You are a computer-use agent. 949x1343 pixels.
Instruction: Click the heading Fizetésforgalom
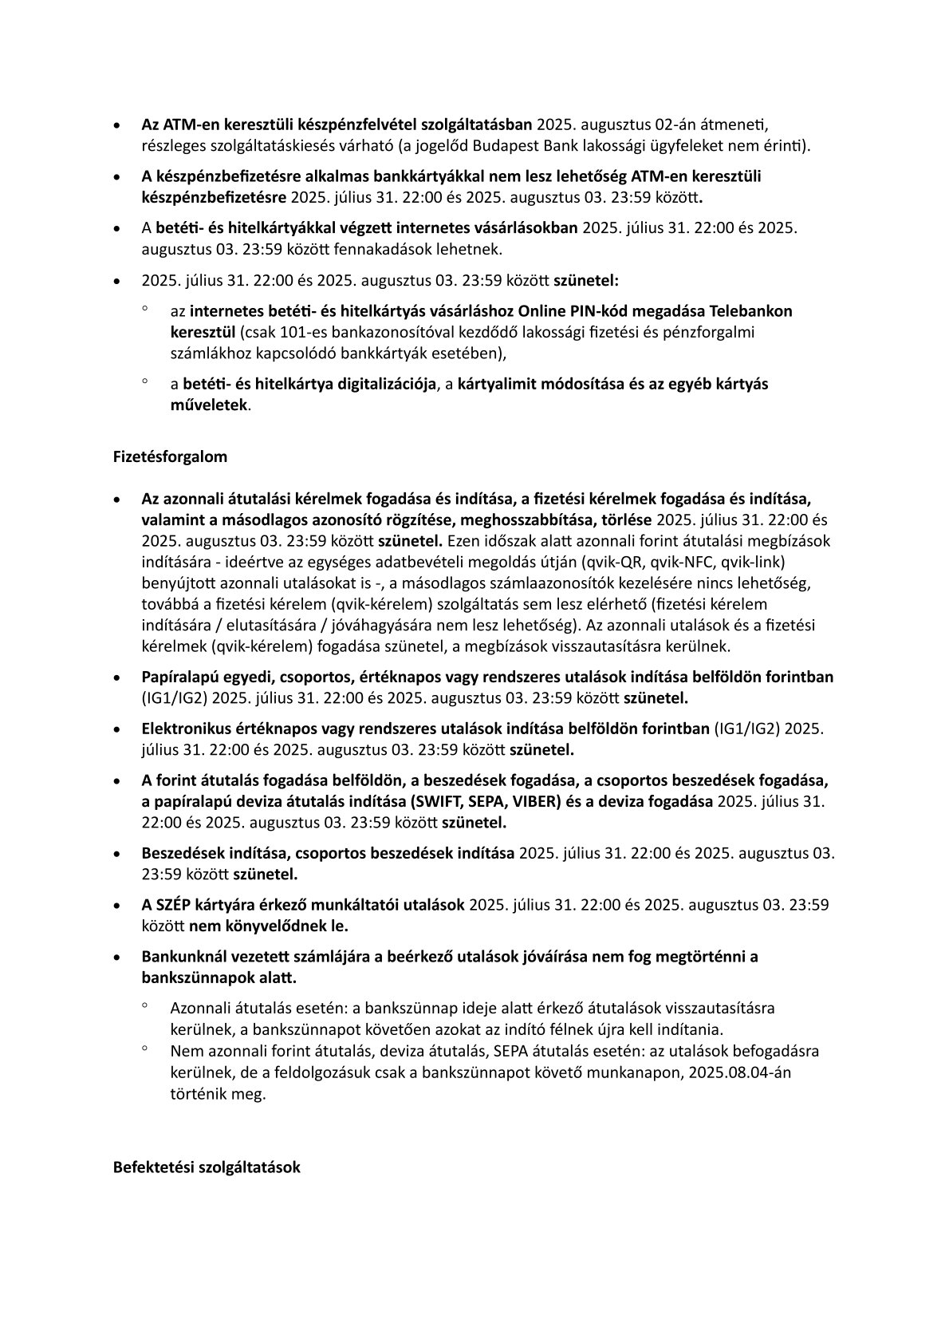[170, 457]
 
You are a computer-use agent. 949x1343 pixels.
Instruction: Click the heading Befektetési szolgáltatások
[207, 1167]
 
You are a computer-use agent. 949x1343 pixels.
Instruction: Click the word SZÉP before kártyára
[173, 905]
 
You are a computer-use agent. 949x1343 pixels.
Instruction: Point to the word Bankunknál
[179, 956]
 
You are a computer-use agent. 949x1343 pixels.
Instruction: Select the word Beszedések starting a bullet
[179, 853]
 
